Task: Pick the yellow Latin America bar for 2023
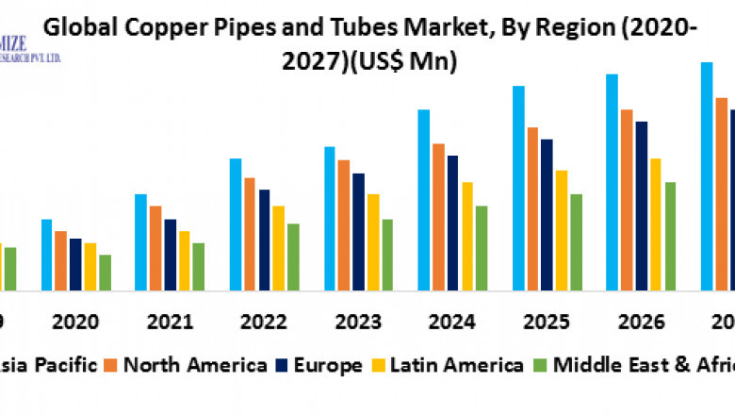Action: point(373,241)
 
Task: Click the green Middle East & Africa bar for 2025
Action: point(577,241)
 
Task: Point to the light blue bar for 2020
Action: point(46,254)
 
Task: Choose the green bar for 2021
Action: point(199,266)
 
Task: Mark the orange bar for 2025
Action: point(533,207)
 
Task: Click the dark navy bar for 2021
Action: point(170,254)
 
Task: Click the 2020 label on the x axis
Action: point(75,322)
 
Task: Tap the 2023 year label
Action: point(359,322)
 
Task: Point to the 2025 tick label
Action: point(547,322)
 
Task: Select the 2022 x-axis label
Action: point(265,322)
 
